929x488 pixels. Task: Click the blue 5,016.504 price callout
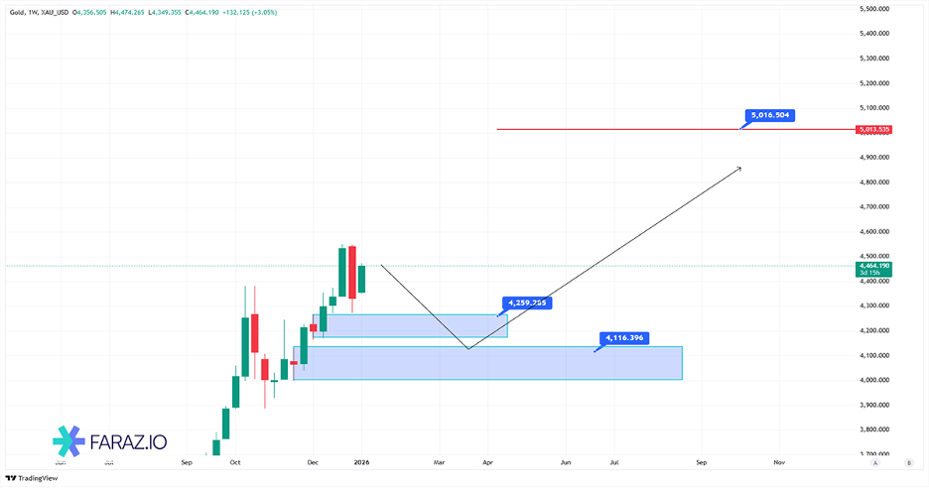[x=770, y=115]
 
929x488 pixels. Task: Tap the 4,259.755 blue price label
[x=527, y=303]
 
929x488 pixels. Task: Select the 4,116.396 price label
[x=624, y=338]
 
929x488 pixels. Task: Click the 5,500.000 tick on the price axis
[x=872, y=9]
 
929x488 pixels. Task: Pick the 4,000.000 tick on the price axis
[x=872, y=381]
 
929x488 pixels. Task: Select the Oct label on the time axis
[x=235, y=462]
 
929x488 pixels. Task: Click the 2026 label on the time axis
[x=361, y=462]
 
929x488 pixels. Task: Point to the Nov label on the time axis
[x=779, y=462]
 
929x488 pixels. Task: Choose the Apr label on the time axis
[x=487, y=462]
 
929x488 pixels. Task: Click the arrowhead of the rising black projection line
[x=739, y=169]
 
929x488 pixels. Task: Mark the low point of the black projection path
[x=467, y=348]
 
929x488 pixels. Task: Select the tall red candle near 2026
[x=351, y=272]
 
